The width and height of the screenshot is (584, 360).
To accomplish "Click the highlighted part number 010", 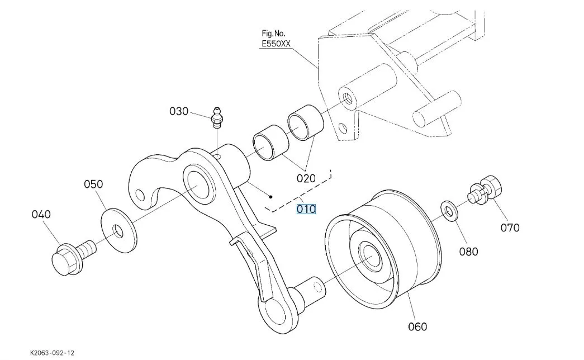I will (306, 209).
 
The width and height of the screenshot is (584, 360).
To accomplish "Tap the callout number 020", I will (306, 179).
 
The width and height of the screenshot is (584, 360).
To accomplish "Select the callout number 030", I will (179, 111).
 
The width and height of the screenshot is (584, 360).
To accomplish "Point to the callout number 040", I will (41, 214).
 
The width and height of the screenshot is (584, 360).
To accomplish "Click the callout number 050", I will (94, 184).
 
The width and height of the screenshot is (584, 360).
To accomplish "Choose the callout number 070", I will (510, 228).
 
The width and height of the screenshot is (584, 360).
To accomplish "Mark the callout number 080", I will (468, 252).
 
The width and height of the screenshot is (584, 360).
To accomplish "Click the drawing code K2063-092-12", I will (52, 353).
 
